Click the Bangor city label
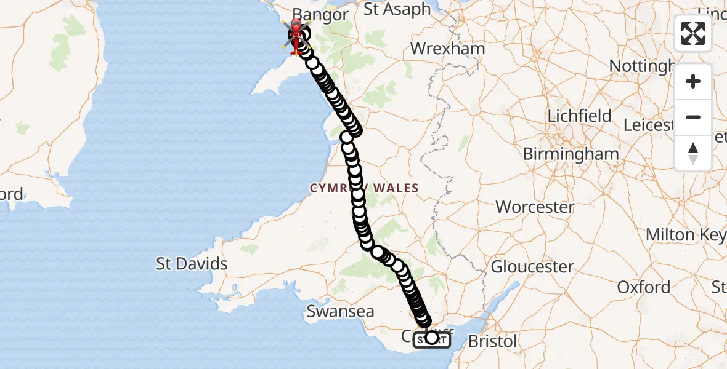click(x=320, y=15)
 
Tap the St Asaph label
click(x=397, y=9)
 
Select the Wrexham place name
click(x=447, y=48)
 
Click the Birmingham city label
click(x=571, y=153)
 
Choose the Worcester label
click(x=535, y=207)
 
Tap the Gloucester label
click(x=532, y=267)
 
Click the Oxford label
click(x=644, y=287)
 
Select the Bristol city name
click(x=492, y=341)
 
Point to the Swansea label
click(x=340, y=312)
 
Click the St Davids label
click(x=192, y=264)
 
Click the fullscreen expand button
click(x=693, y=33)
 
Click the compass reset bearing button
click(x=693, y=153)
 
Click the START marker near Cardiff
click(x=431, y=339)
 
